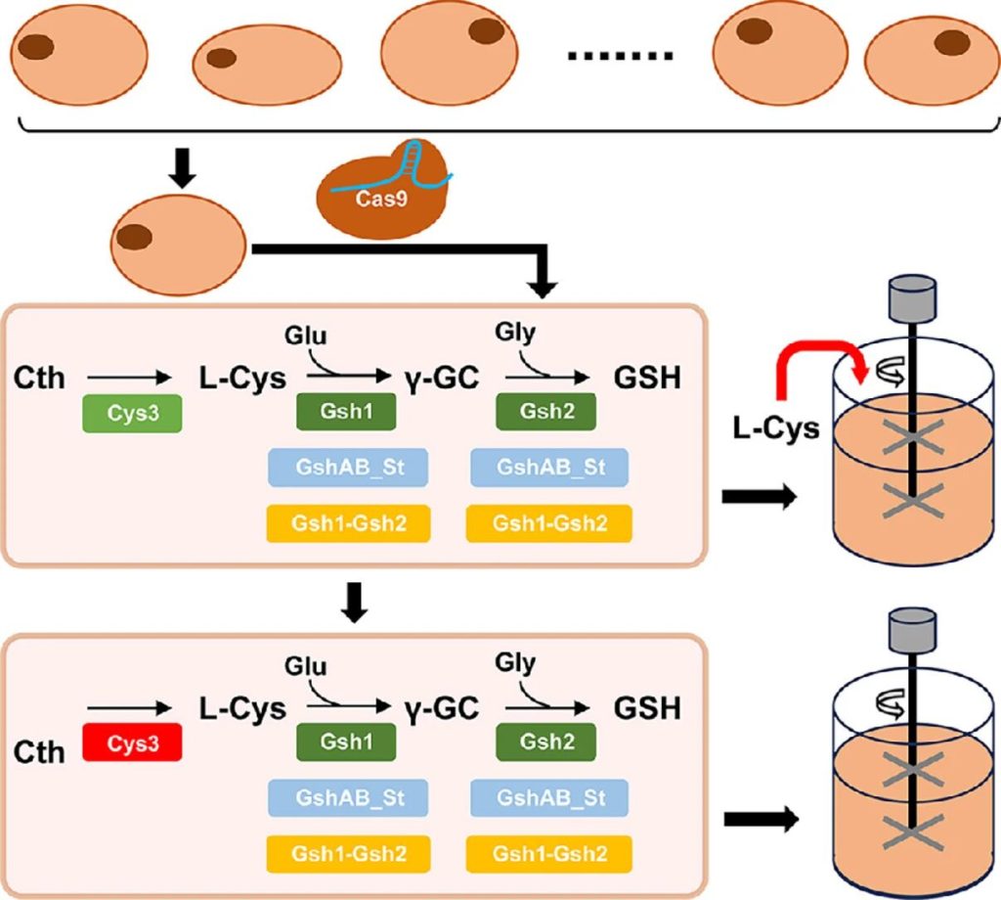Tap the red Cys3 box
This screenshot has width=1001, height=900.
click(131, 744)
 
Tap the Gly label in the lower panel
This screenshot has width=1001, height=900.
click(515, 663)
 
